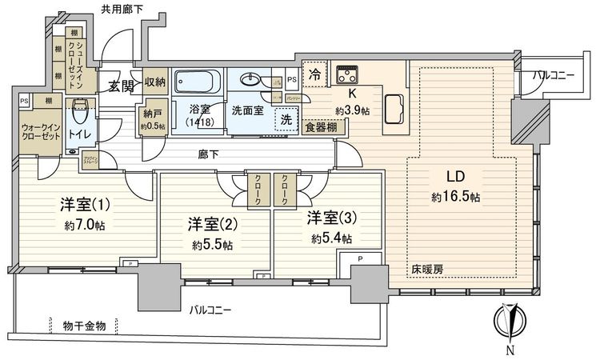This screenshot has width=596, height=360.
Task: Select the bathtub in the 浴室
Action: tap(197, 82)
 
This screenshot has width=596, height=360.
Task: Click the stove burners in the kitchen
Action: tap(349, 75)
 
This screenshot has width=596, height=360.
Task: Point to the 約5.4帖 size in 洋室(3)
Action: tap(330, 238)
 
